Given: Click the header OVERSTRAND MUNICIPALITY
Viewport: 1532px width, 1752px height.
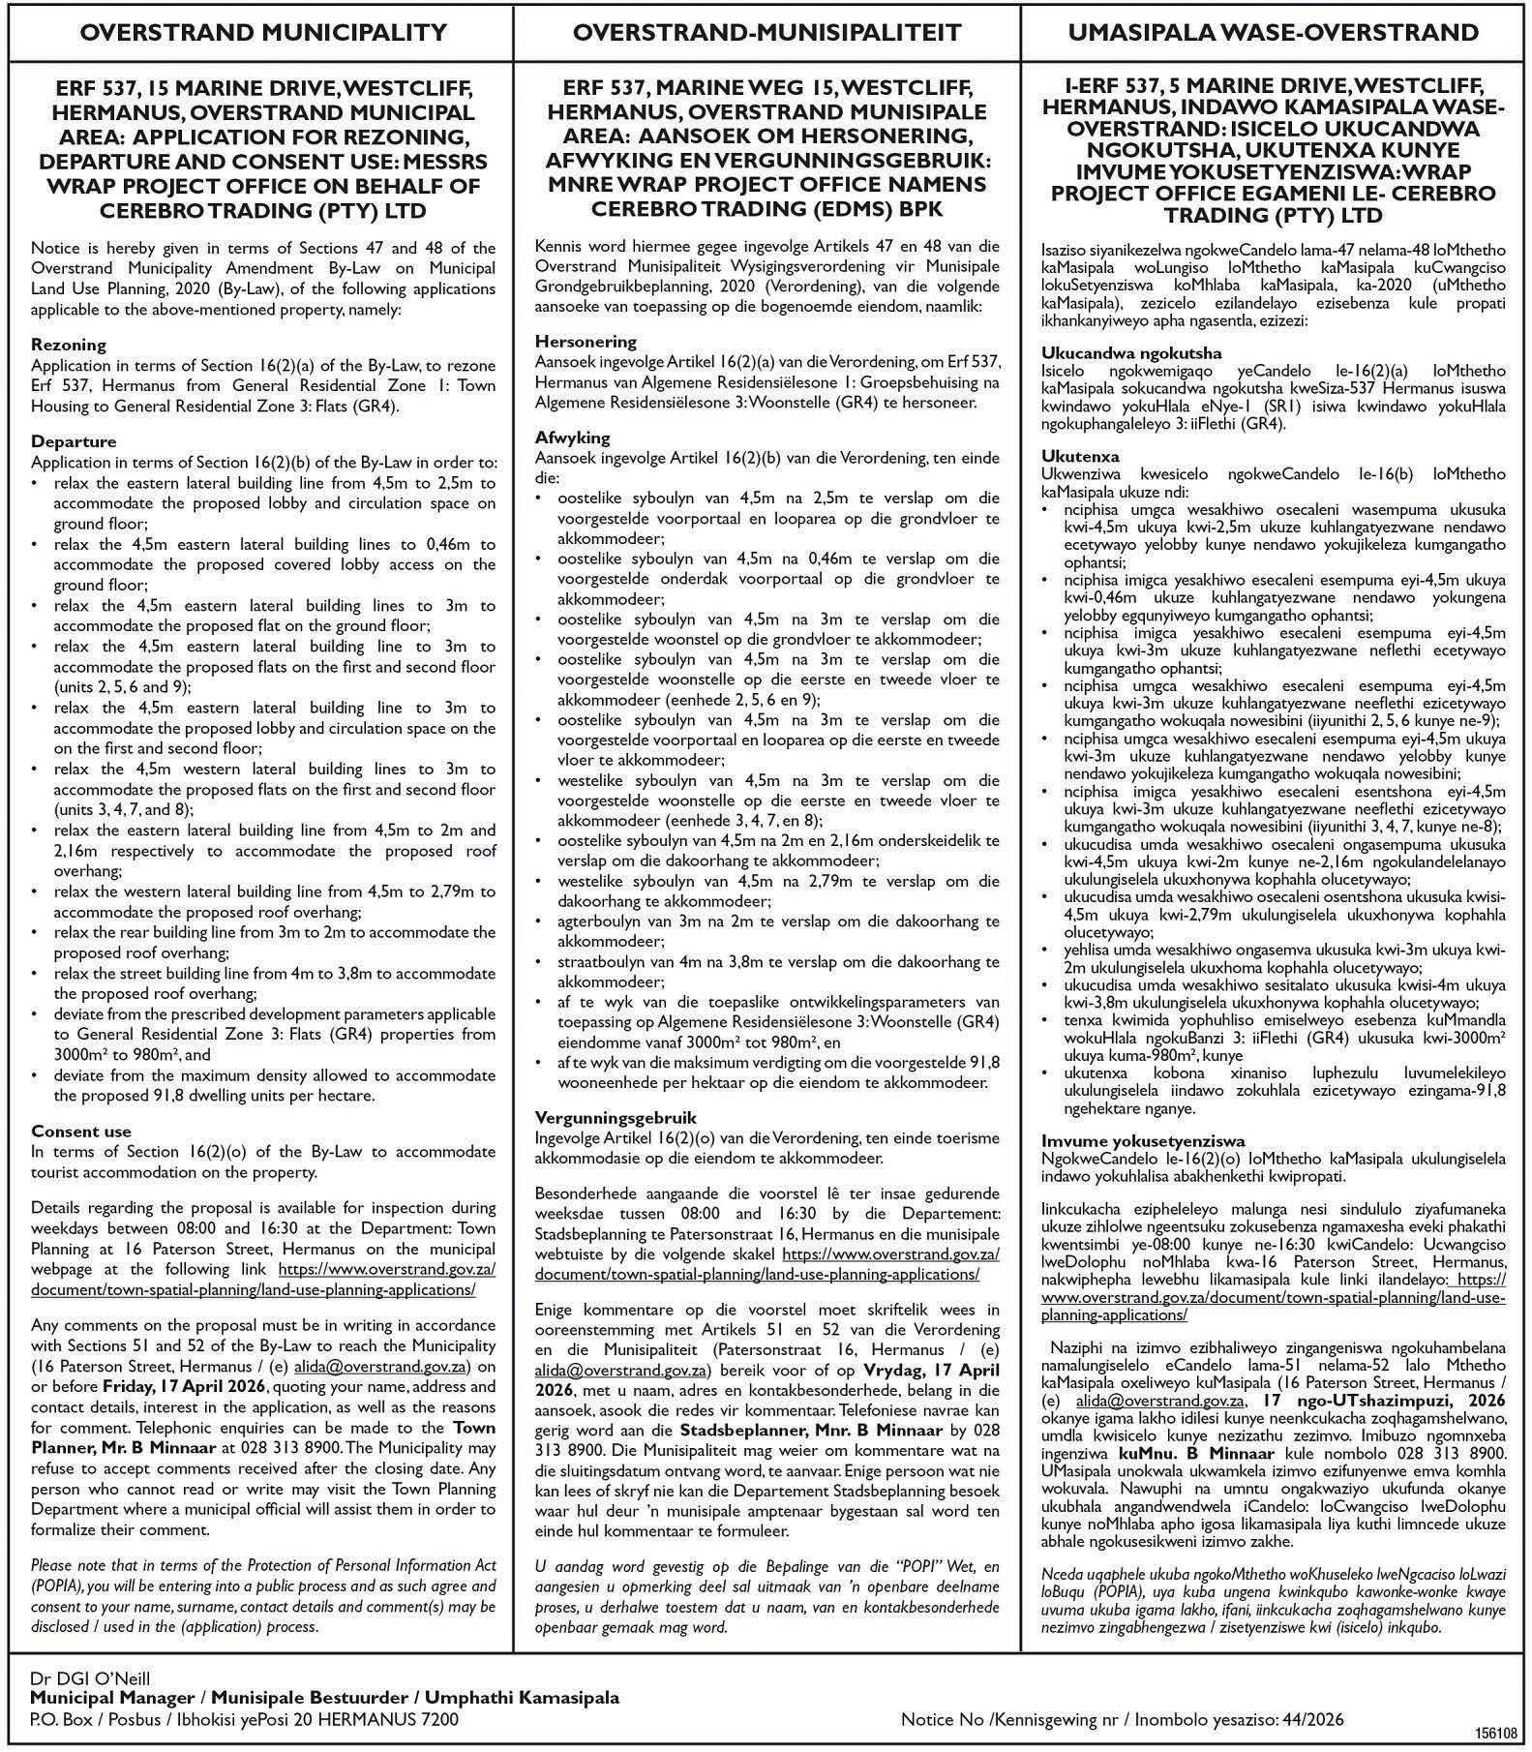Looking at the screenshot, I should [263, 33].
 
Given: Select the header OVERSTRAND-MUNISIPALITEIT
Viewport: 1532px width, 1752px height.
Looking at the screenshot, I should [766, 33].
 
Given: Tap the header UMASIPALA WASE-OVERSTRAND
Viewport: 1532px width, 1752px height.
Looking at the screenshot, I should [1273, 33].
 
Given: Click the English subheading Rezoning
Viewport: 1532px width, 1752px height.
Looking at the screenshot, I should [69, 345].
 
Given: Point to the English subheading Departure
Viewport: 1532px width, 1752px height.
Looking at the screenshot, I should [74, 441].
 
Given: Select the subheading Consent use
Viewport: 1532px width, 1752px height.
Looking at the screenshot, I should [81, 1131].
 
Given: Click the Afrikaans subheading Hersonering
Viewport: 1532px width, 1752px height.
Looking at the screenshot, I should [586, 341].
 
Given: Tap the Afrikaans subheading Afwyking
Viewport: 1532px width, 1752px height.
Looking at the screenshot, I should [572, 438].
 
